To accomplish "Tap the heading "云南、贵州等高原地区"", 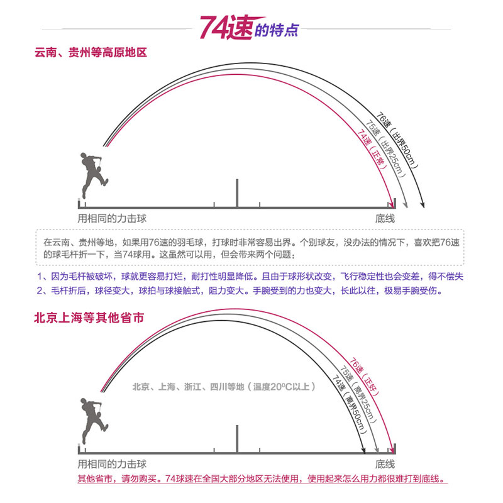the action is point(91,53).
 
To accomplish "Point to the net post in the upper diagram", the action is point(237,192).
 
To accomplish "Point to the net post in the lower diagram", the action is point(237,438).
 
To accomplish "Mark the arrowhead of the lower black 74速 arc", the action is point(365,450).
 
